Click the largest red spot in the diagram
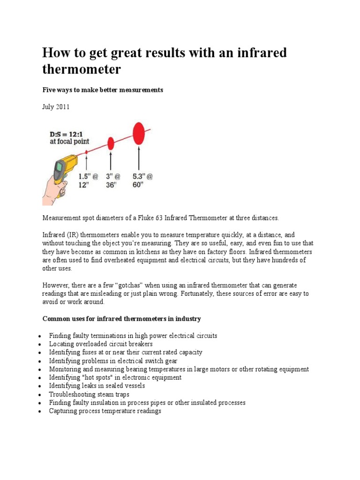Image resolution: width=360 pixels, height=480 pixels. pos(139,133)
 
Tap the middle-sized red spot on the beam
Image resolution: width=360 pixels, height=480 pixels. pos(111,143)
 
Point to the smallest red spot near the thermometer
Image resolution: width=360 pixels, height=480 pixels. pos(87,152)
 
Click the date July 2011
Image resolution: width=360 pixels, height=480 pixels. pos(56,107)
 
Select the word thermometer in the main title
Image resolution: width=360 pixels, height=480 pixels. pos(82,70)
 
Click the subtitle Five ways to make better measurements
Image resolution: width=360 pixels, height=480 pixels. pos(103,90)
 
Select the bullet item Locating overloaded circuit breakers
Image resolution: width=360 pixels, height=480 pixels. pos(101,344)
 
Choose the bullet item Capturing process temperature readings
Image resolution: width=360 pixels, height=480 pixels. pos(105,411)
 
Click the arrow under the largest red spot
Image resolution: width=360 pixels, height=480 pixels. pos(139,159)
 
